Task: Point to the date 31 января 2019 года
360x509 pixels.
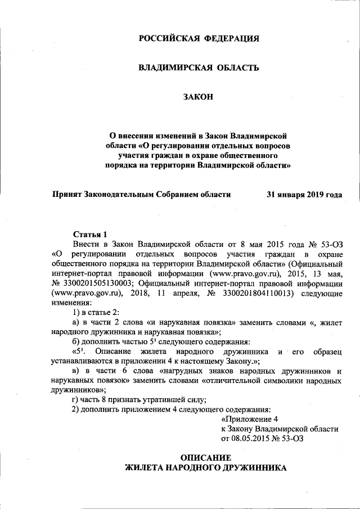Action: tap(304, 195)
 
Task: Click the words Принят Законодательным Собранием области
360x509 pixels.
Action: tap(141, 195)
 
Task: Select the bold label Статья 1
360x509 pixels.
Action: tap(90, 233)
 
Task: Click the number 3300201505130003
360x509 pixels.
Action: tap(97, 283)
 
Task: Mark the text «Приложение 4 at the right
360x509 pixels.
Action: tap(250, 419)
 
